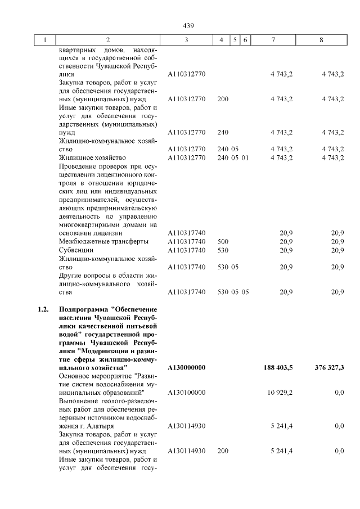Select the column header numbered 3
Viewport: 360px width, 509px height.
click(x=186, y=40)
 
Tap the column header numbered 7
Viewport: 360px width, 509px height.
click(x=273, y=40)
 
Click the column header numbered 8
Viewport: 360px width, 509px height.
click(x=321, y=40)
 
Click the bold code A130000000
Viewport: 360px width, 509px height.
click(x=187, y=367)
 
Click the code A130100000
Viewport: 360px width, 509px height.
click(x=187, y=392)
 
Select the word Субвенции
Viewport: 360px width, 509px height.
click(x=76, y=250)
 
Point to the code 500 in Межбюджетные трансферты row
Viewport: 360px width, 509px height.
click(x=223, y=241)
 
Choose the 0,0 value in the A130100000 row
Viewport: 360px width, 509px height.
click(x=339, y=392)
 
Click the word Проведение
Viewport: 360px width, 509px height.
click(x=79, y=166)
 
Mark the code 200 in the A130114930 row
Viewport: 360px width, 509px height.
click(x=223, y=451)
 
